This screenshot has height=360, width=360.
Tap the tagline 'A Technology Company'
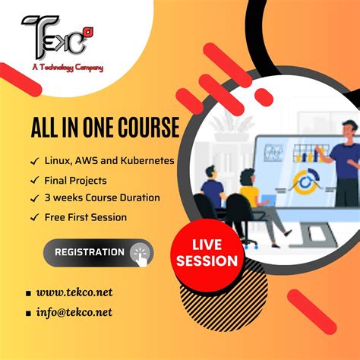[x=68, y=67]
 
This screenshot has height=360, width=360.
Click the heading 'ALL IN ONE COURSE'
[x=105, y=127]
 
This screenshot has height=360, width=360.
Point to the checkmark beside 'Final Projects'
[x=34, y=181]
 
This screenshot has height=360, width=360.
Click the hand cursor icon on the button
[x=140, y=252]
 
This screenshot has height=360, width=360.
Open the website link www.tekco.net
[x=74, y=292]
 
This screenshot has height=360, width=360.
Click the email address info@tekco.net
[x=74, y=311]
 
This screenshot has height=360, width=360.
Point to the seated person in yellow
[x=249, y=194]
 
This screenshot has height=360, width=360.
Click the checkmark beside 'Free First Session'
[x=34, y=217]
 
